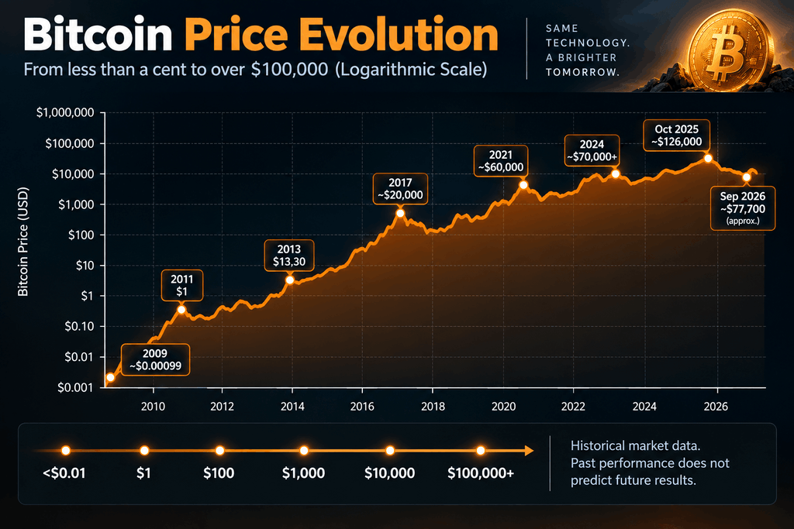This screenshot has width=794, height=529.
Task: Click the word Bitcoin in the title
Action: pos(98,34)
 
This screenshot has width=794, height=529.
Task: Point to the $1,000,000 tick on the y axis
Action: pos(65,112)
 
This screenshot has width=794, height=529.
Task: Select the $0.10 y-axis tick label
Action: pos(80,326)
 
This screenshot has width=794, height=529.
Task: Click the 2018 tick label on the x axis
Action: pos(433,406)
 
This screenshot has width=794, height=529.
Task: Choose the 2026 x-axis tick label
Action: pos(716,406)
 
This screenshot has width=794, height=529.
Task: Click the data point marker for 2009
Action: pos(110,377)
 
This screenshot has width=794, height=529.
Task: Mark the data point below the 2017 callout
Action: pos(400,214)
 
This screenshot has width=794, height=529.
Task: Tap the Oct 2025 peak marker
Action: pos(708,158)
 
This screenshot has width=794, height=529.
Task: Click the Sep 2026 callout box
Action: pos(742,208)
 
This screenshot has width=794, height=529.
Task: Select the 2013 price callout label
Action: pos(289,256)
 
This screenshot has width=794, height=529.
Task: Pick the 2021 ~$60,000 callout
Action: pos(500,161)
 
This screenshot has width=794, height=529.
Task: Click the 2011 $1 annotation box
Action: pos(181,285)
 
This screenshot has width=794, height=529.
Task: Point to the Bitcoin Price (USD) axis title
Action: pos(22,241)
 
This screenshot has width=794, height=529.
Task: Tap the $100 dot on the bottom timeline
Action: pos(219,451)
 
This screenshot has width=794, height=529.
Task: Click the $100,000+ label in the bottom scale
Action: pos(481,473)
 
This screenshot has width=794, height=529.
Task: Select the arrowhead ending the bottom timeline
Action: pos(529,451)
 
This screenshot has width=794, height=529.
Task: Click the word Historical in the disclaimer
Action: pos(597,445)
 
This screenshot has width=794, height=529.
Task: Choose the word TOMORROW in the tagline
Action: pos(582,72)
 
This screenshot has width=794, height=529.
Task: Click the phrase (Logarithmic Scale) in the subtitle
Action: pos(411,69)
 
